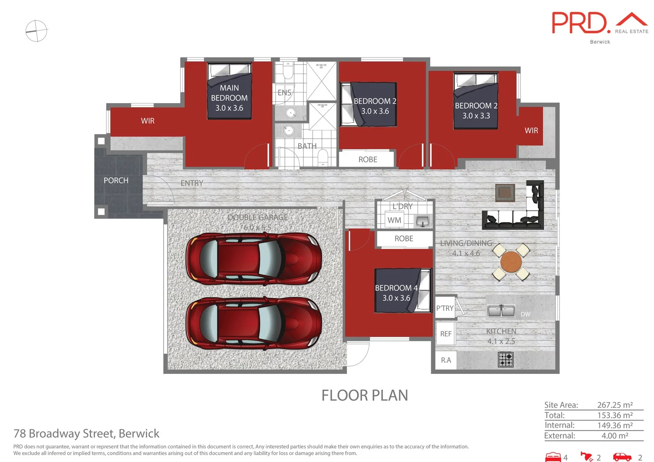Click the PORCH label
tap(116, 181)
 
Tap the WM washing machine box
tap(394, 220)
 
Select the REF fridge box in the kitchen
tap(446, 334)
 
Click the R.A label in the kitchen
tap(446, 360)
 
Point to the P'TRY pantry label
tap(445, 308)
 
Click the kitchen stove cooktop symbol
tap(506, 359)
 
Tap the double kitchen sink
tap(501, 311)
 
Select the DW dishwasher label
tap(525, 314)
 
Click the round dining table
tap(511, 262)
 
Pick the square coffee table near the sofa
tap(505, 192)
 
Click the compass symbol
tap(36, 31)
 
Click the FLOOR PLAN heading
tap(365, 395)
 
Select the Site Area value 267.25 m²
tap(615, 405)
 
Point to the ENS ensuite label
tap(284, 92)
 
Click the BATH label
tap(307, 146)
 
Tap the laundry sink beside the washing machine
tap(423, 221)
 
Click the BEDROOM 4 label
tap(396, 288)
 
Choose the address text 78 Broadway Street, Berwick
tap(86, 434)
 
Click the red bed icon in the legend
tap(553, 457)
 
